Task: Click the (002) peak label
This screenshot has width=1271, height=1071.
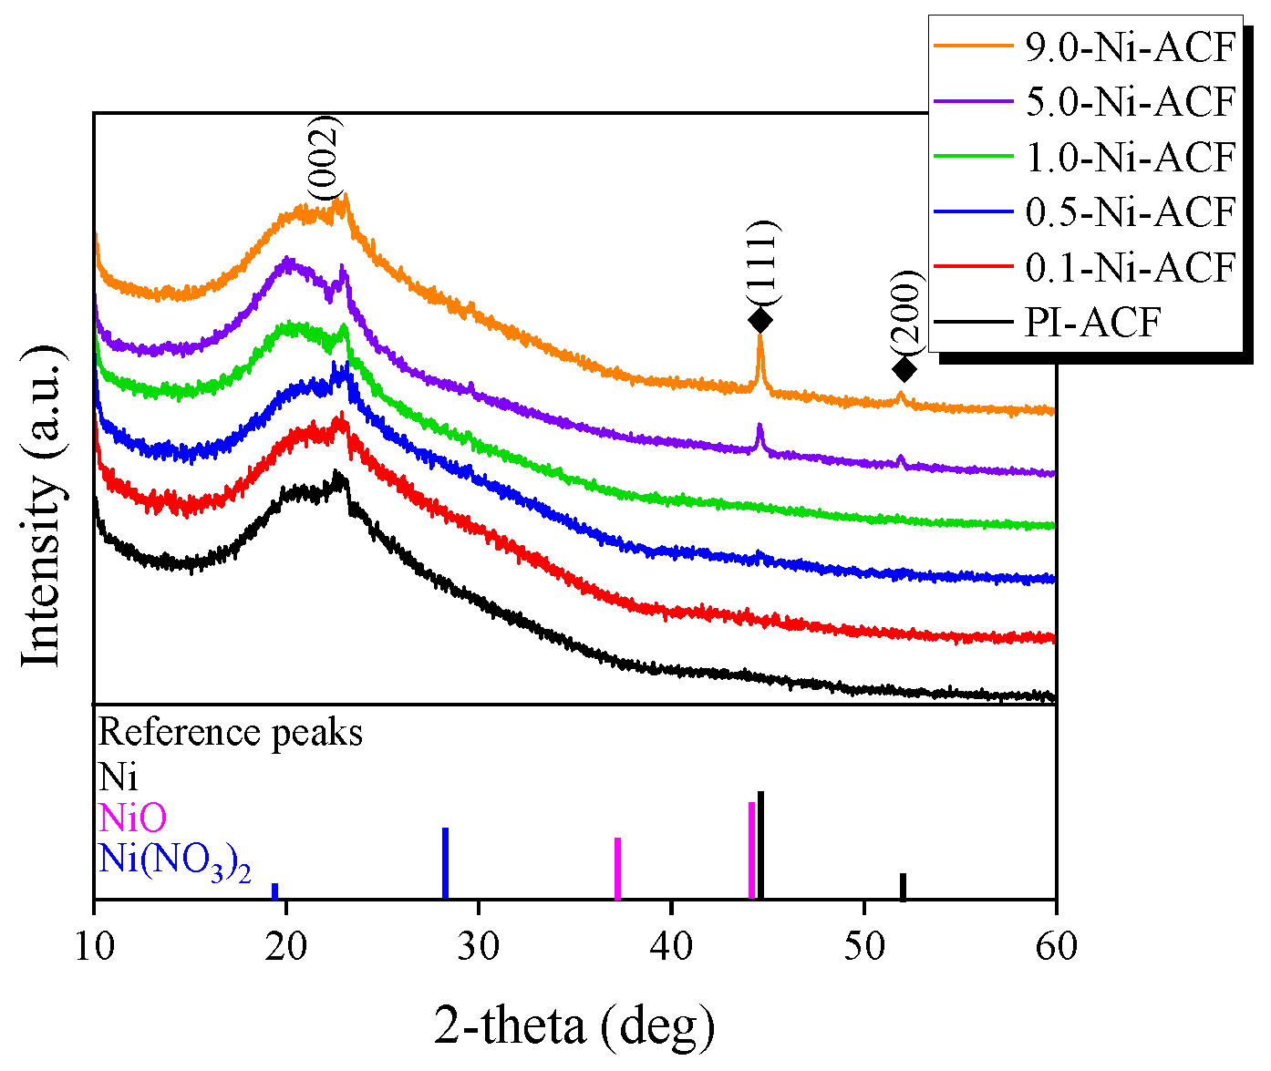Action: pyautogui.click(x=324, y=157)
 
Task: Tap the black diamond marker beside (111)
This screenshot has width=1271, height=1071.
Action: pyautogui.click(x=759, y=320)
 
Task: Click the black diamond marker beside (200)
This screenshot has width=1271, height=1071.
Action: pyautogui.click(x=904, y=369)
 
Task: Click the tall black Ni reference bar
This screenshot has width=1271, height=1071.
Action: pyautogui.click(x=760, y=845)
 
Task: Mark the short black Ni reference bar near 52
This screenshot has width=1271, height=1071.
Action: pyautogui.click(x=903, y=886)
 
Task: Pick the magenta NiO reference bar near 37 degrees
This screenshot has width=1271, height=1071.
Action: pyautogui.click(x=617, y=868)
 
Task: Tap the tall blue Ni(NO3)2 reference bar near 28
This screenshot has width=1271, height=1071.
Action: pyautogui.click(x=445, y=863)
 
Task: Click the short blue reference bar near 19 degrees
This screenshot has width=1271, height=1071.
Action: pyautogui.click(x=274, y=891)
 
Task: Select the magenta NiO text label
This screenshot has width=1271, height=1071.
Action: pyautogui.click(x=133, y=818)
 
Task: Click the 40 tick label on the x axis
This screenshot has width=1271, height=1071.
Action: pyautogui.click(x=671, y=945)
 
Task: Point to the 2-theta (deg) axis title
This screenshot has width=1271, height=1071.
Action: pyautogui.click(x=574, y=1026)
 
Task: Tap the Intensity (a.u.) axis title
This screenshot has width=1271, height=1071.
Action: pyautogui.click(x=42, y=506)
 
